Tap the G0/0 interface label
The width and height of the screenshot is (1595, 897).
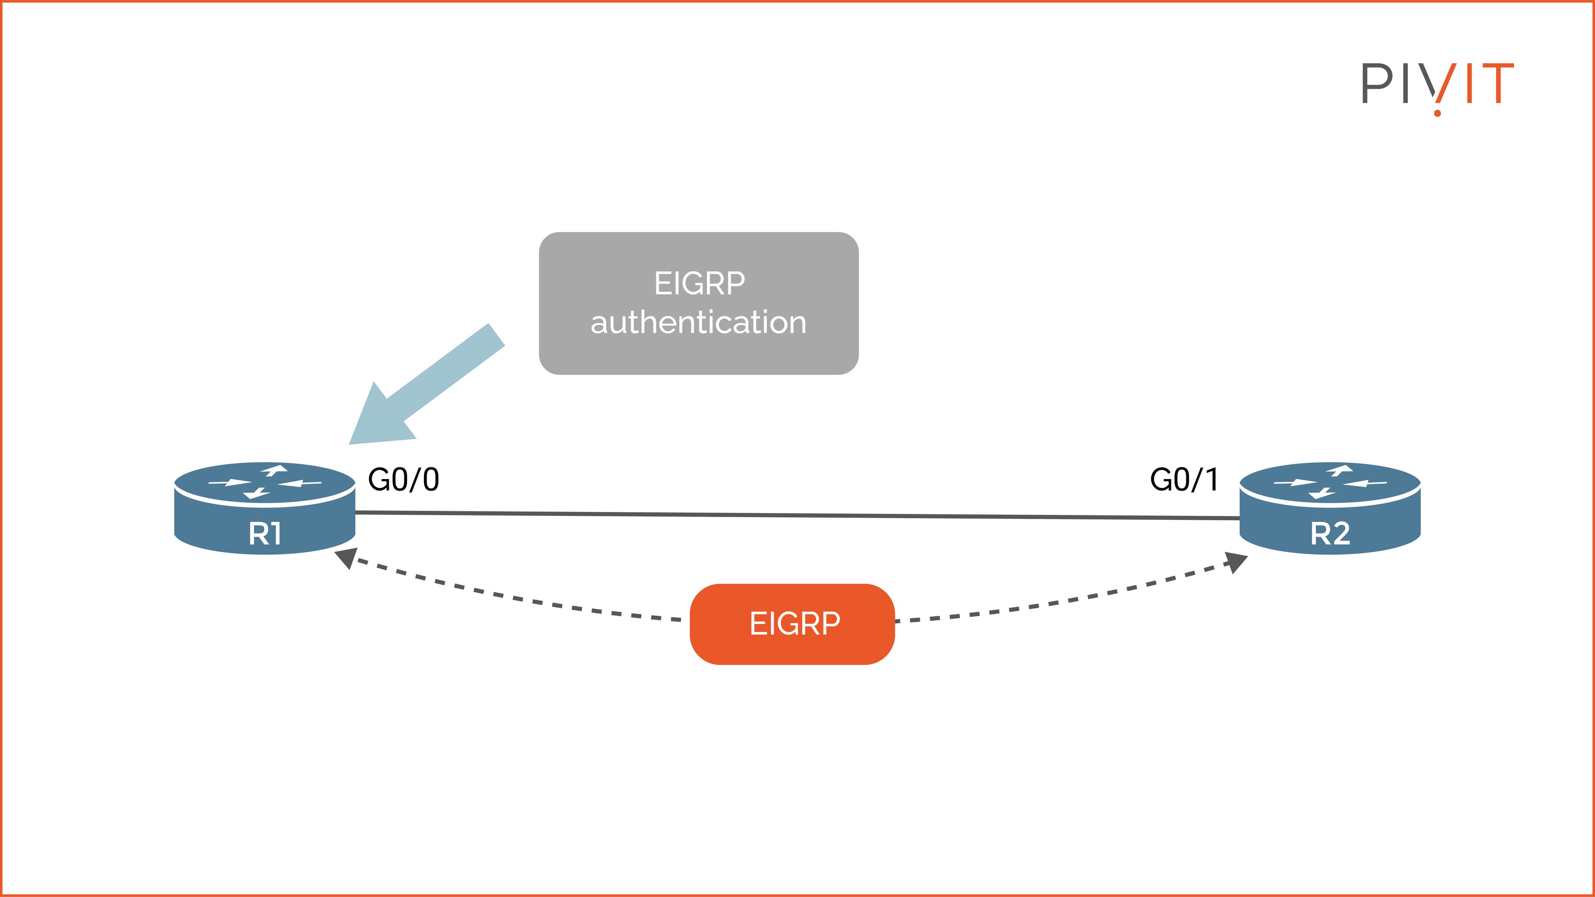click(404, 480)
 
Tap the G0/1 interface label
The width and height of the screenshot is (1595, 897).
click(1184, 480)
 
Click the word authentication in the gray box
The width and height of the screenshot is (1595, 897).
click(699, 323)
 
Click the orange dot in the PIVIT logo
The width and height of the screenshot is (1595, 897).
click(1437, 113)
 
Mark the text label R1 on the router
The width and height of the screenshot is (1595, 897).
click(265, 534)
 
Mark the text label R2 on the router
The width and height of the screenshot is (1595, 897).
click(1330, 534)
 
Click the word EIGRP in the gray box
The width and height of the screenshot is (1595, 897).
click(700, 283)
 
